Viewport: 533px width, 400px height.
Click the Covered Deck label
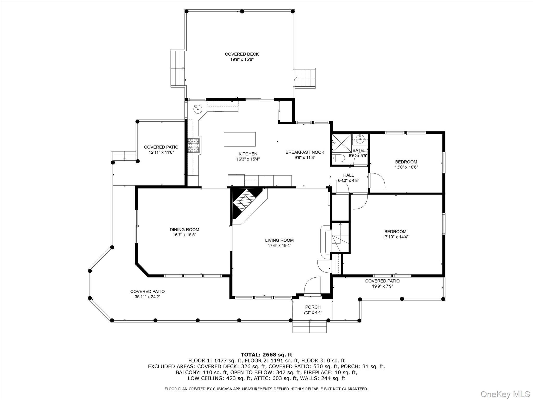(x=242, y=54)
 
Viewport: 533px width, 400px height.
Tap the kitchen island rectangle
(x=239, y=139)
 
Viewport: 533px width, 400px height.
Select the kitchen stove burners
(x=193, y=145)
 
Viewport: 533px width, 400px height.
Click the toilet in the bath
(x=338, y=158)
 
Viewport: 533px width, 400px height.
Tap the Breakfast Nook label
(x=305, y=152)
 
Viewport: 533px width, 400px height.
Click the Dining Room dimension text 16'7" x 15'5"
(x=184, y=235)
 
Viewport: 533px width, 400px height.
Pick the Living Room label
(x=279, y=240)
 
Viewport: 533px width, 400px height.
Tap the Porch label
(x=313, y=307)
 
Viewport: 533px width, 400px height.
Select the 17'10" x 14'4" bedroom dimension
(x=395, y=237)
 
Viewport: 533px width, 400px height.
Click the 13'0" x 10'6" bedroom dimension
(x=406, y=167)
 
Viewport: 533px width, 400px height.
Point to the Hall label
(x=348, y=175)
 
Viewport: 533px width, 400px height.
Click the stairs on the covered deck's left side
(x=177, y=68)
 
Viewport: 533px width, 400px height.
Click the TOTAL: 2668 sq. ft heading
(x=266, y=355)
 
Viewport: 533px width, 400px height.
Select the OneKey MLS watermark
(x=505, y=394)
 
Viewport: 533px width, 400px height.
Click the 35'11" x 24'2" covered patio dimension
(x=147, y=297)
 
